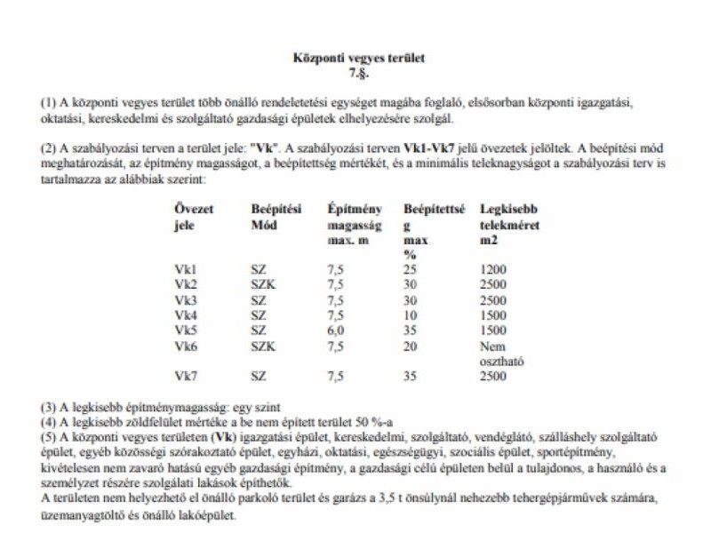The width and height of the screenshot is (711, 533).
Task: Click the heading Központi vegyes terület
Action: point(359,58)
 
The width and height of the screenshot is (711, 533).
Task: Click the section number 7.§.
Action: point(359,71)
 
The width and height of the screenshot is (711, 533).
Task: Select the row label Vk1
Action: point(187,268)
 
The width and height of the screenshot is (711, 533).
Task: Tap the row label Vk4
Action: point(187,314)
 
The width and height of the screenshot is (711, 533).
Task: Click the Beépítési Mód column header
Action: point(276,217)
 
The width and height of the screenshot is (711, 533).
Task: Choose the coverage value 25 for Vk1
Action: point(410,268)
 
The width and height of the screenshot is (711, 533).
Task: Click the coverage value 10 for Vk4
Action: point(410,314)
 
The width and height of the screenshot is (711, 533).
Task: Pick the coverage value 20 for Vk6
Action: point(410,346)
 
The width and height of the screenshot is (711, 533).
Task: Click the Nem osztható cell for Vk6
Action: point(498,353)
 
